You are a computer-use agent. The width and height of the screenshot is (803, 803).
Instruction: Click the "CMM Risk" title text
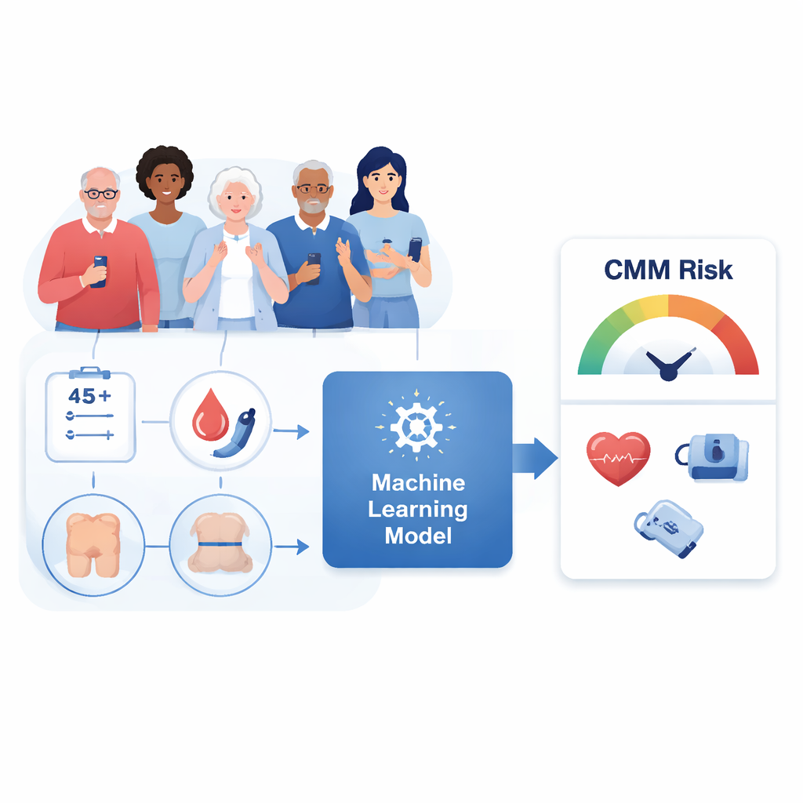pyautogui.click(x=668, y=270)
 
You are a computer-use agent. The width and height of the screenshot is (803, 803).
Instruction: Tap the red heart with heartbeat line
pyautogui.click(x=618, y=458)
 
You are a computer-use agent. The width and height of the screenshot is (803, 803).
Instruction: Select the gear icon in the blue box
pyautogui.click(x=416, y=427)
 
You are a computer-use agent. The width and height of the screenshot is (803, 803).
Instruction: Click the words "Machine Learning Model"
pyautogui.click(x=418, y=509)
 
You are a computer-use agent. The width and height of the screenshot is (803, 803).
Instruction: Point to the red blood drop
pyautogui.click(x=210, y=416)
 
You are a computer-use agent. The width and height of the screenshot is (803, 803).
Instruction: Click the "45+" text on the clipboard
pyautogui.click(x=89, y=396)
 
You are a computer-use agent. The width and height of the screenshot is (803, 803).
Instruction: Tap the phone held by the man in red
pyautogui.click(x=100, y=271)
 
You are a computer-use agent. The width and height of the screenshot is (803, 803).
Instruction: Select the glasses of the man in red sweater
pyautogui.click(x=101, y=194)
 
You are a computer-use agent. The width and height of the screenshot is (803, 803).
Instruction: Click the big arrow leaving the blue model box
pyautogui.click(x=535, y=458)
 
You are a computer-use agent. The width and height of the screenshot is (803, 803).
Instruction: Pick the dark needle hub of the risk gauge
pyautogui.click(x=668, y=371)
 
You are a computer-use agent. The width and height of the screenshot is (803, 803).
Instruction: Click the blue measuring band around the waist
pyautogui.click(x=220, y=544)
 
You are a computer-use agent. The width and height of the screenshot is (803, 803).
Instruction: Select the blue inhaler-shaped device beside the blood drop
pyautogui.click(x=235, y=433)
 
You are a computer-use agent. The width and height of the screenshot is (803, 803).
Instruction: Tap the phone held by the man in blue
pyautogui.click(x=314, y=268)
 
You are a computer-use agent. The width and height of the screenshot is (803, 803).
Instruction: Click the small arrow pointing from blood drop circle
pyautogui.click(x=291, y=432)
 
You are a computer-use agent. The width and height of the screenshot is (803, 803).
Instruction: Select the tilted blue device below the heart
pyautogui.click(x=668, y=529)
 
